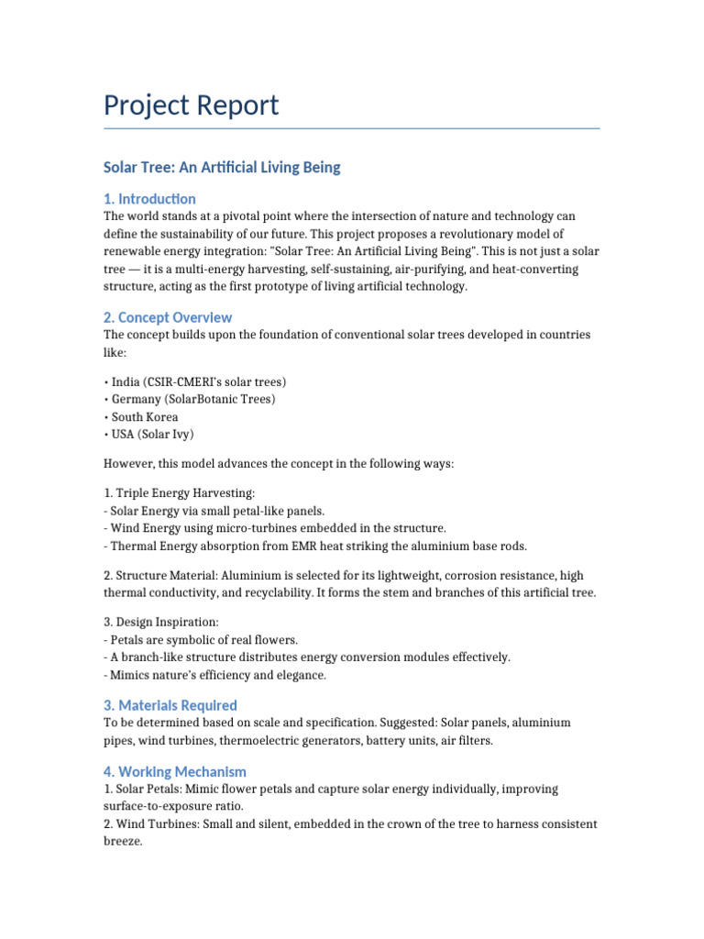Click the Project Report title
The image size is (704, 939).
191,105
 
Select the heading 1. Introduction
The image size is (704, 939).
149,199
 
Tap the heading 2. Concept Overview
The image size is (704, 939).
168,317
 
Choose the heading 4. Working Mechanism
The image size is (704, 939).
175,772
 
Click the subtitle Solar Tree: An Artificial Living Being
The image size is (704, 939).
222,168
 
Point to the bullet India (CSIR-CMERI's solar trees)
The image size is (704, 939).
195,381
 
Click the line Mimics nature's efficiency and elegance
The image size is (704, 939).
215,676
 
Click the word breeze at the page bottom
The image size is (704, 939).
123,841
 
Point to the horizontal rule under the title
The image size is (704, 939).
352,128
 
